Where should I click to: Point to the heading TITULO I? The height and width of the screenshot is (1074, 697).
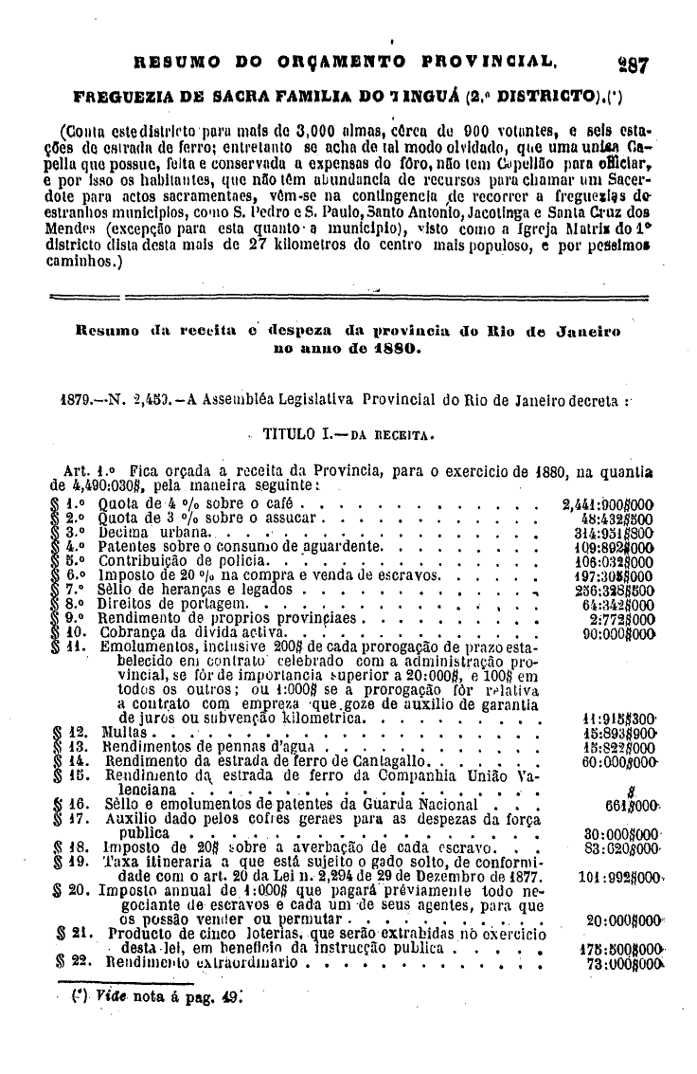[295, 435]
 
